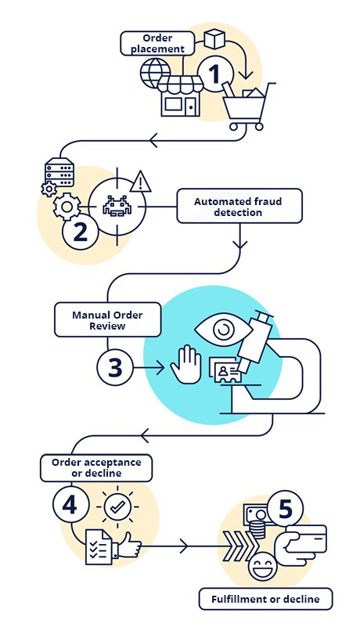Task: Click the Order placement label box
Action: (157, 44)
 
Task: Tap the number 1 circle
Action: (215, 74)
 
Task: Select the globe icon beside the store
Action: (155, 72)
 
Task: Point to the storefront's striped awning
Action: (180, 84)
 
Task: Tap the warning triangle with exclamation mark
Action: (140, 182)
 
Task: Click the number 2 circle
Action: (80, 232)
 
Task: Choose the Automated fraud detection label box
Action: (239, 206)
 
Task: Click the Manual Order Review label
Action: (108, 320)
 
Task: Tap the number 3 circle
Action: (115, 367)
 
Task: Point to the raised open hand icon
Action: (186, 364)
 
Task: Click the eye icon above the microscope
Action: (222, 330)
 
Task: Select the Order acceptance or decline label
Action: (96, 468)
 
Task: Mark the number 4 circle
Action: (70, 505)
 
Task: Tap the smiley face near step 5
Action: (262, 567)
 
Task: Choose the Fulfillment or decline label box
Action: (265, 600)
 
